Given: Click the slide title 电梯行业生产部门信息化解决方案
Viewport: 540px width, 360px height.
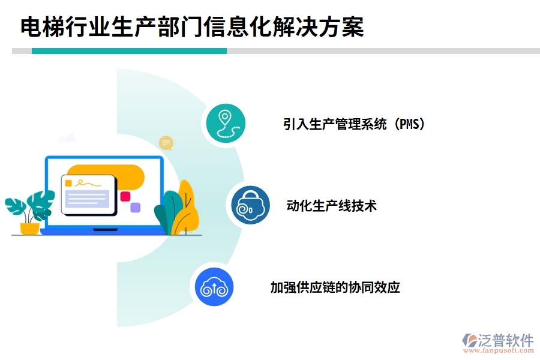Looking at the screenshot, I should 193,27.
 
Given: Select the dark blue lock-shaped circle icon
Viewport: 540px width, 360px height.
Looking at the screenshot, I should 250,205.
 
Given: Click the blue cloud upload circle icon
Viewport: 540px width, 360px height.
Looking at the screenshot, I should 214,287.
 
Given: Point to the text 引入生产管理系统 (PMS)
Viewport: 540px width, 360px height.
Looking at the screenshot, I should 354,124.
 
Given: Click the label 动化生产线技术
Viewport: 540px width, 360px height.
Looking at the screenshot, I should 332,206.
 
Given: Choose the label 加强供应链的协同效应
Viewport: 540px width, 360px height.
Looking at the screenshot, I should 335,287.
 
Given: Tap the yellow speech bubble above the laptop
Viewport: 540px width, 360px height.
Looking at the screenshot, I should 166,143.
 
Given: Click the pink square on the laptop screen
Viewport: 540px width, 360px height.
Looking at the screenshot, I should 125,196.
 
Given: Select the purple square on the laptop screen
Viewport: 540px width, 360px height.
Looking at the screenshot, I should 136,208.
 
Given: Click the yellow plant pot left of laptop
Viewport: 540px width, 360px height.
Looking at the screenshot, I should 29,228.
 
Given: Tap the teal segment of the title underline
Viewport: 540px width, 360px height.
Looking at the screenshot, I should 129,51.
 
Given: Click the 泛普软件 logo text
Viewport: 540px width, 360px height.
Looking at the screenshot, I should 505,340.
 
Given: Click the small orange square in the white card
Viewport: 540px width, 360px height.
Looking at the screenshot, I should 68,183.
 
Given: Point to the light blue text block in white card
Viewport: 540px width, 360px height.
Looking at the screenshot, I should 87,199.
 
